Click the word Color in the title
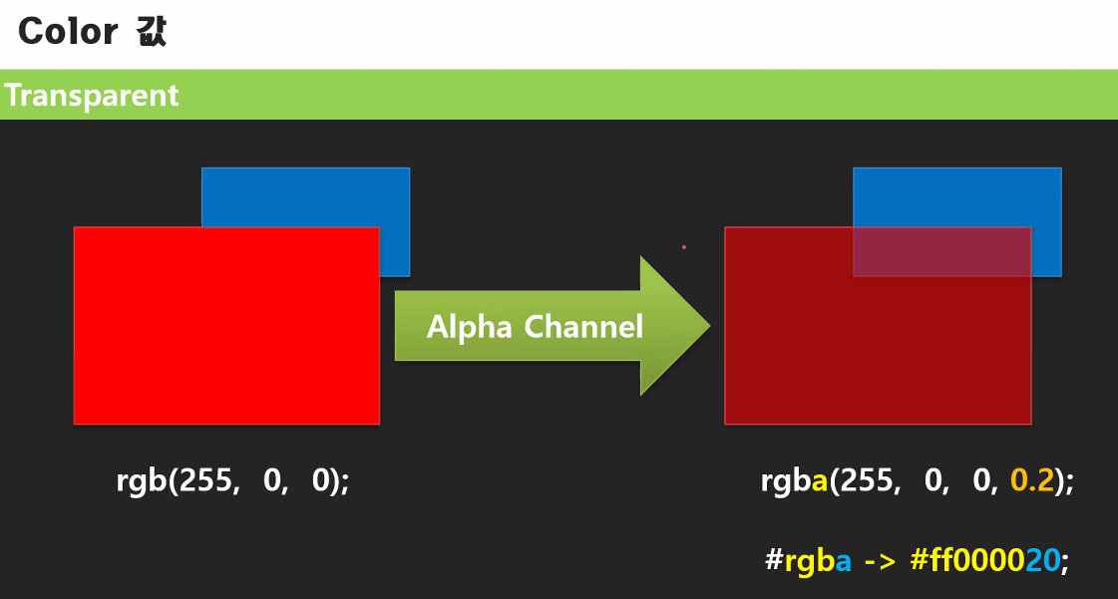tap(68, 32)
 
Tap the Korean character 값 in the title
tap(150, 32)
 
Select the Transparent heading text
tap(92, 96)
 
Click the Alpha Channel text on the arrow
tap(535, 326)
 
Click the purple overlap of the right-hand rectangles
tap(941, 251)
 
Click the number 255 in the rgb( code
tap(205, 481)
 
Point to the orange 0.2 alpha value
tap(1032, 481)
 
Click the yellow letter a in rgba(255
tap(821, 481)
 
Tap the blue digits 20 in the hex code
tap(1042, 560)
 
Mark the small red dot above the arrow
tap(684, 247)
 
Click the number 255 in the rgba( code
tap(867, 481)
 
